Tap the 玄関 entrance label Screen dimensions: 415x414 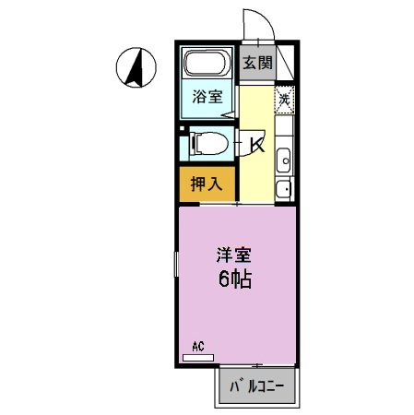click(x=257, y=64)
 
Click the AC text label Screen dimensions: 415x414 click(x=197, y=348)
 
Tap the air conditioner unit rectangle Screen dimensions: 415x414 click(x=198, y=358)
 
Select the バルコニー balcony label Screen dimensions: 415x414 click(x=256, y=385)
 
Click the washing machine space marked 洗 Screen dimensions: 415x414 click(x=285, y=99)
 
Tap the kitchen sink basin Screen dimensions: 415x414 click(x=284, y=158)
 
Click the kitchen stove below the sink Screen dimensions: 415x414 click(x=284, y=189)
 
